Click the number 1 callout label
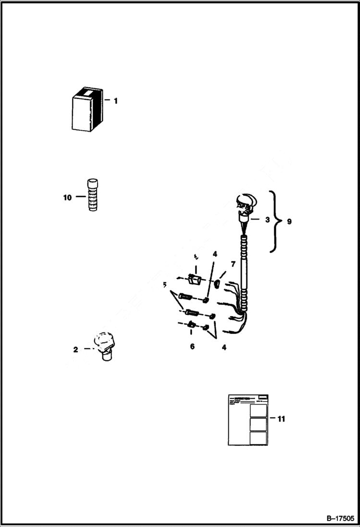tap(115, 101)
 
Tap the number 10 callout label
tap(67, 197)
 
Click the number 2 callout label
tap(75, 349)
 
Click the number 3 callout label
tap(267, 220)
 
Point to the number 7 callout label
tap(233, 264)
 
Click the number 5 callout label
tap(165, 285)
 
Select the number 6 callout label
tap(192, 346)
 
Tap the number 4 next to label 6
tap(223, 347)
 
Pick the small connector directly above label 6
tap(191, 326)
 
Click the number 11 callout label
tap(281, 419)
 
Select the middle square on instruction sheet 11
tap(259, 424)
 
